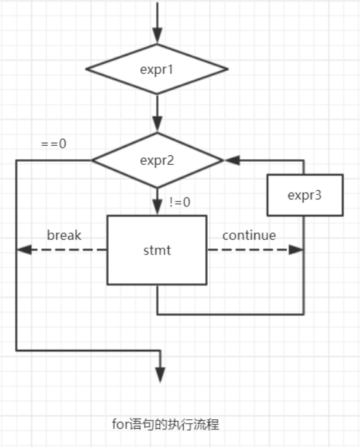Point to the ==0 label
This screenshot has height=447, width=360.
click(x=54, y=143)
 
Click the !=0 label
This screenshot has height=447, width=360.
click(x=180, y=202)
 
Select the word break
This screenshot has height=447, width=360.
click(x=64, y=235)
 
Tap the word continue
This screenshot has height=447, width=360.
click(x=249, y=235)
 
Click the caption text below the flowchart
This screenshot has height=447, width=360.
click(x=165, y=424)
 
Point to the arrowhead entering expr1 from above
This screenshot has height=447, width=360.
click(x=157, y=35)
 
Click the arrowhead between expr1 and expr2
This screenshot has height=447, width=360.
click(x=157, y=124)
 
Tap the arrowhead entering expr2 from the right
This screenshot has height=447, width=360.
click(x=232, y=160)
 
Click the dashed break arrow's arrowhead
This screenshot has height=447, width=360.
click(x=24, y=250)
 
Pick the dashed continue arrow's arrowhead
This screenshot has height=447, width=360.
click(x=296, y=250)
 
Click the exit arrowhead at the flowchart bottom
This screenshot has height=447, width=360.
click(x=160, y=375)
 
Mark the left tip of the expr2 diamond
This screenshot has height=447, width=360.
click(x=92, y=160)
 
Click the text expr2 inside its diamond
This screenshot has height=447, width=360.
click(x=157, y=161)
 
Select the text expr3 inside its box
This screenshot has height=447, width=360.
click(x=304, y=196)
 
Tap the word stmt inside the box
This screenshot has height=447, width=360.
click(x=157, y=250)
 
